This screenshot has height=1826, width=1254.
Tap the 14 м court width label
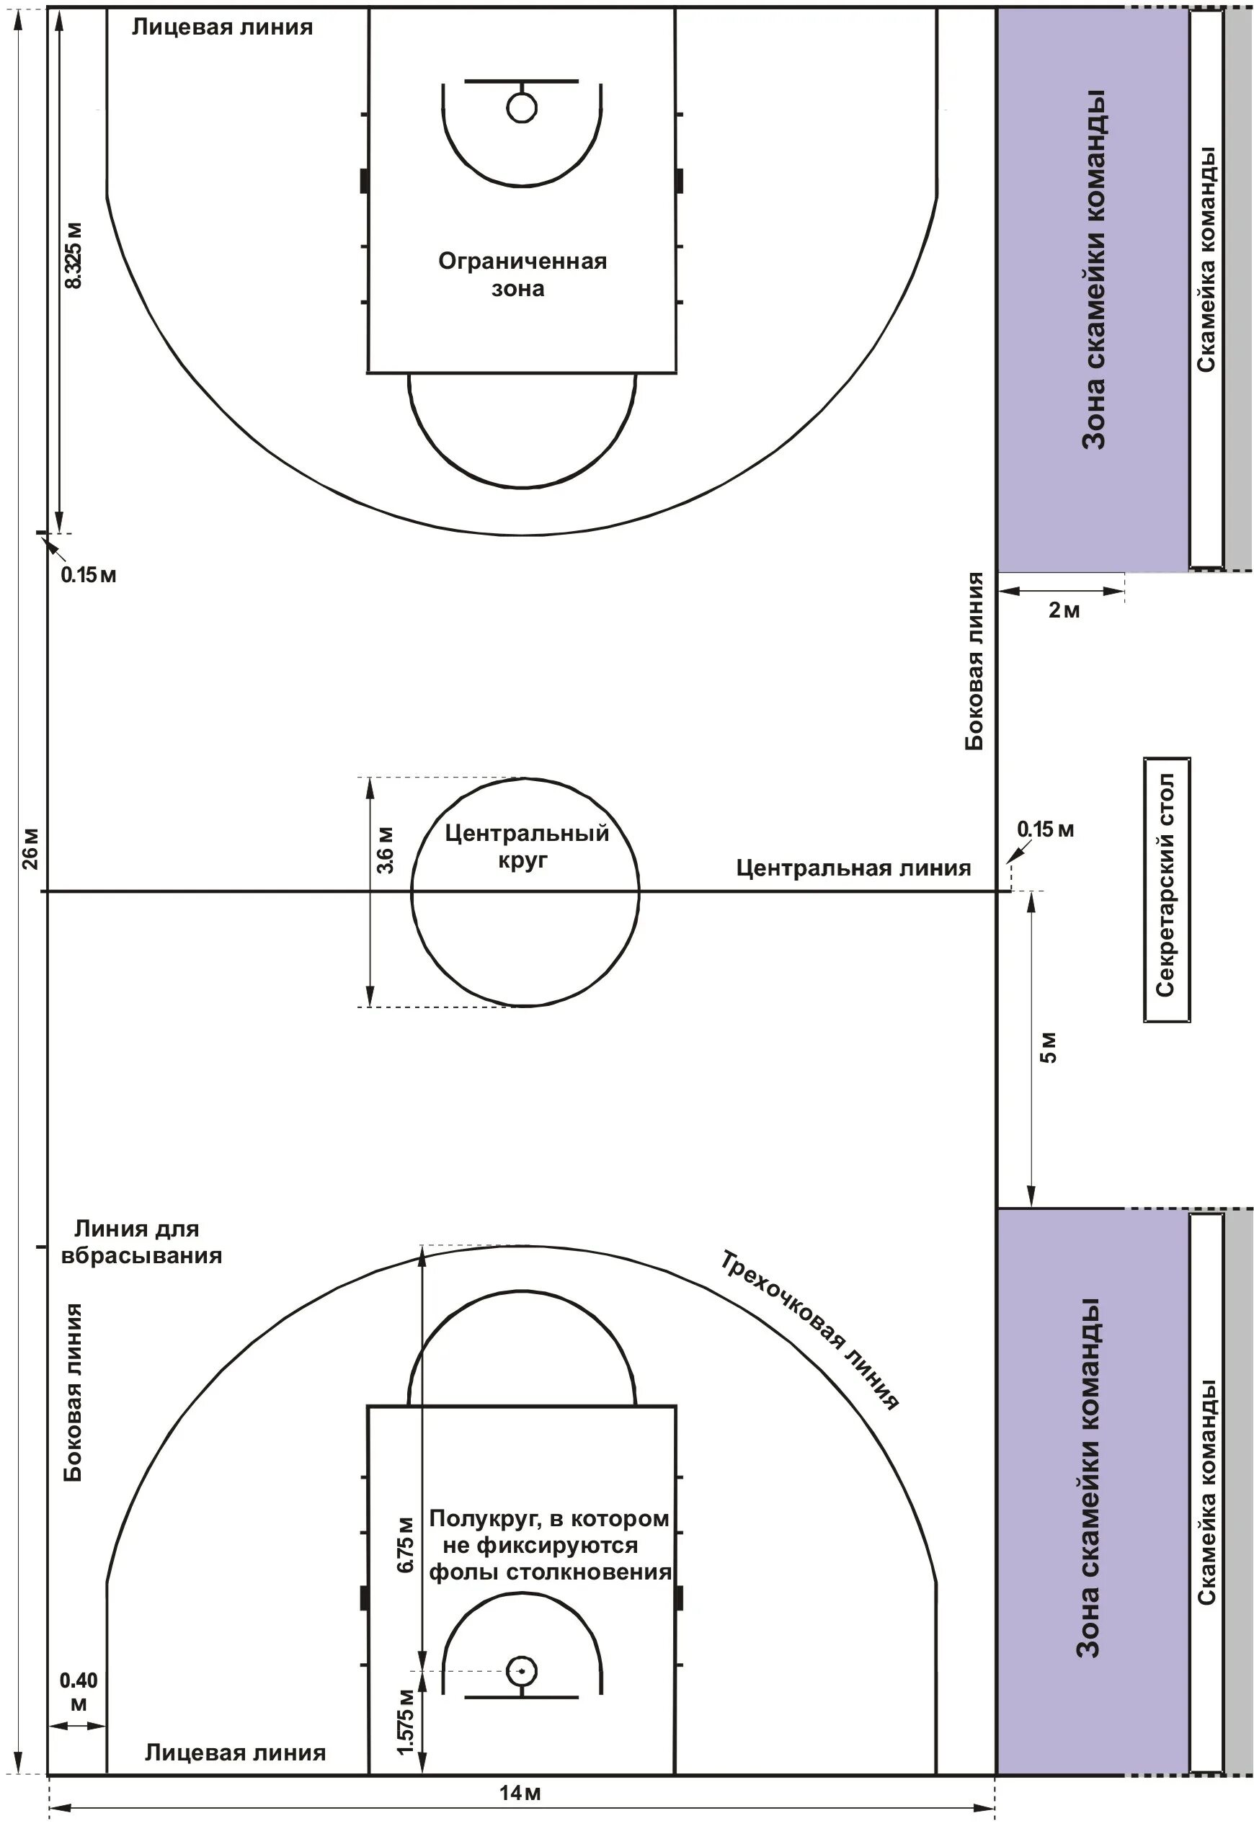[520, 1792]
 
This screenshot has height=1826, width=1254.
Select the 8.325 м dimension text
[73, 255]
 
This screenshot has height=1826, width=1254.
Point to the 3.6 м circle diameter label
[386, 850]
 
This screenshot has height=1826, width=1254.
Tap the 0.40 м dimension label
[79, 1692]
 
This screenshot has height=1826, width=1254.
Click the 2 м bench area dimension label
[1064, 610]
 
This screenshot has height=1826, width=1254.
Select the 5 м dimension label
[1049, 1046]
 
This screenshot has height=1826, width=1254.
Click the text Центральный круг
[526, 845]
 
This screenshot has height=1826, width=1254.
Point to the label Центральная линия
[853, 868]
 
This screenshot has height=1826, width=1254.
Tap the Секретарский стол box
[1166, 889]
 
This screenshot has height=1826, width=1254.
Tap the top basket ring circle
[522, 107]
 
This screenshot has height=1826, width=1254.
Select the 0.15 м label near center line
[1045, 829]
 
